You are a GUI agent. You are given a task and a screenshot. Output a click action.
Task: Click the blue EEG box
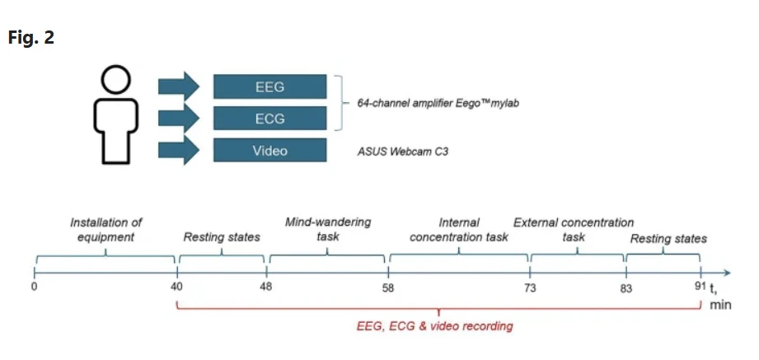pos(270,86)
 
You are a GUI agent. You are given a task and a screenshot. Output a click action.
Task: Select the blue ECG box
pos(270,118)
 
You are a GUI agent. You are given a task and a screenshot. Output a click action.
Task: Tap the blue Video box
pos(270,150)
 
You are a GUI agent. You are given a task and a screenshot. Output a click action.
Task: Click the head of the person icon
pos(115,79)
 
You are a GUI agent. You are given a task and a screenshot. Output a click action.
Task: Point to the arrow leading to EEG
pos(179,86)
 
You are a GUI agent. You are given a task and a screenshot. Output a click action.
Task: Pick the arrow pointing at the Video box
pos(179,150)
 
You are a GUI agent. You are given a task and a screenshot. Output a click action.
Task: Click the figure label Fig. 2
pos(31,37)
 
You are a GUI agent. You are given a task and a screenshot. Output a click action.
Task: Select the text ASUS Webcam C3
pos(403,152)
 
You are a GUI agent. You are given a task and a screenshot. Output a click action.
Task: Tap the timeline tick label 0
pos(35,287)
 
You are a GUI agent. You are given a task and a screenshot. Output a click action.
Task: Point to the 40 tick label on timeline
pos(176,287)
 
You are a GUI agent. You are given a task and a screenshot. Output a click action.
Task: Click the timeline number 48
pos(265,287)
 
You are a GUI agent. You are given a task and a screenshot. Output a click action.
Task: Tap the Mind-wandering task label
pos(328,229)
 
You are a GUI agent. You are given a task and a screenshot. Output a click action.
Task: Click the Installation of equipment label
pos(106,230)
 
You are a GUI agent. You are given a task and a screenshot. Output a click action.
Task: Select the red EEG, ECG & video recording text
pos(434,326)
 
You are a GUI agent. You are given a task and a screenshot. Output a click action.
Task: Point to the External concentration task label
pos(574,230)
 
